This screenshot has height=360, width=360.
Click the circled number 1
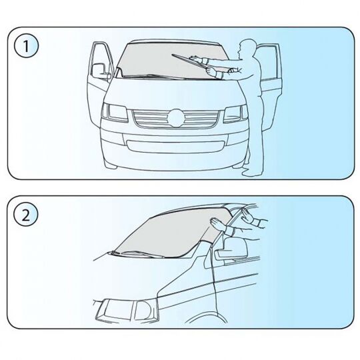(x=26, y=47)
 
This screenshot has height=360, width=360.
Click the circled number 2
(x=26, y=215)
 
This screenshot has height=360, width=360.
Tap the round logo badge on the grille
(x=176, y=118)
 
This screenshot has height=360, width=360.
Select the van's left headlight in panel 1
(x=115, y=112)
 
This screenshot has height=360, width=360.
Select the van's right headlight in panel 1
(x=236, y=114)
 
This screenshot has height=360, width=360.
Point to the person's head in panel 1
(x=246, y=48)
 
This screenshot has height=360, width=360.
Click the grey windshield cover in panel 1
(x=170, y=61)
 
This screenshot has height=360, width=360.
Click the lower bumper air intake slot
(x=175, y=147)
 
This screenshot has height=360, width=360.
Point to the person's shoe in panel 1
(x=252, y=173)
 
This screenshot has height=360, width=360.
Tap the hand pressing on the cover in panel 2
(x=217, y=223)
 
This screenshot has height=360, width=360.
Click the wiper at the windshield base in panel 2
(x=134, y=254)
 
